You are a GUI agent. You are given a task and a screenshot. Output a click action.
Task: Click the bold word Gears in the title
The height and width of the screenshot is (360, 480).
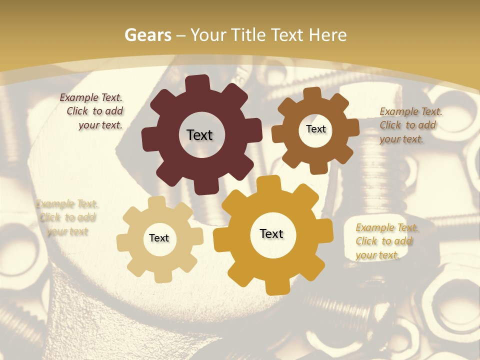(x=147, y=35)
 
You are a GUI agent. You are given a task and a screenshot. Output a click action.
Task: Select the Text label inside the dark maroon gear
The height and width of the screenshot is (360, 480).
(x=199, y=135)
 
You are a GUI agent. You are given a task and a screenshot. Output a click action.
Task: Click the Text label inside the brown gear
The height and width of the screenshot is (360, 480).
(x=315, y=129)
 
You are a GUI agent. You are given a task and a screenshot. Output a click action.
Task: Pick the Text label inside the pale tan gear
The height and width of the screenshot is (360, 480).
(x=159, y=238)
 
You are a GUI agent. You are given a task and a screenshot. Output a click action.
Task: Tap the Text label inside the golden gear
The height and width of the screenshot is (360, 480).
(x=271, y=234)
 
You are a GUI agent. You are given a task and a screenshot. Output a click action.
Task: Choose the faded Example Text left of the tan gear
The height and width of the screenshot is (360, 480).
(x=67, y=217)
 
